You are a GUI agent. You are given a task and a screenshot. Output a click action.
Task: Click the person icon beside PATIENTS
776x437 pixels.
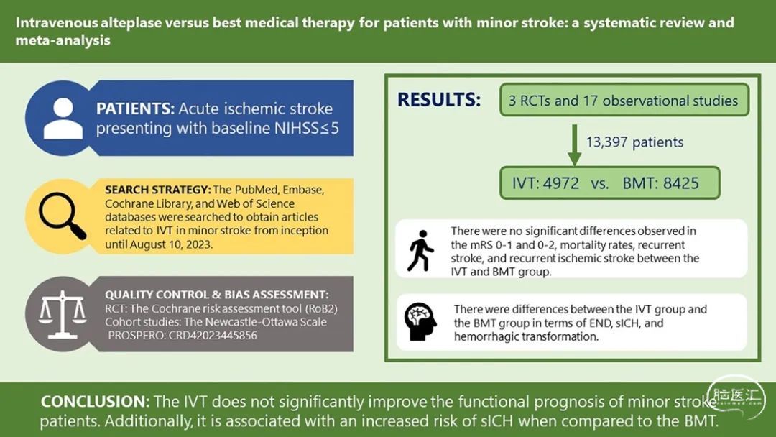click(63, 119)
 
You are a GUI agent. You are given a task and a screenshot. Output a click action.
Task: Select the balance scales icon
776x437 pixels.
click(63, 314)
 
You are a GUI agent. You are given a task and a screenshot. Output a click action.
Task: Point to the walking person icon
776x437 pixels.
click(420, 250)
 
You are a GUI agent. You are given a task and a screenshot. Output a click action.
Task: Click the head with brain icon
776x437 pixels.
click(420, 322)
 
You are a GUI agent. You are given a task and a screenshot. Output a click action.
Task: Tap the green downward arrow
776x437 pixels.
click(574, 145)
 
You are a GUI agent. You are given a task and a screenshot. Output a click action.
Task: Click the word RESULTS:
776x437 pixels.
click(439, 100)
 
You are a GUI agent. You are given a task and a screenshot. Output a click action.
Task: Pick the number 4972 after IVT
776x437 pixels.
click(560, 183)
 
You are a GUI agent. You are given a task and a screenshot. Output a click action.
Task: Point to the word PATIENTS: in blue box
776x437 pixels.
click(135, 109)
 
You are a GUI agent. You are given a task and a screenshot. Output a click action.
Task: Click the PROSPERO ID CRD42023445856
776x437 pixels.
click(213, 336)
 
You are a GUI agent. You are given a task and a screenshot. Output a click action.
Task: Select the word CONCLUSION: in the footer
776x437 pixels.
click(95, 401)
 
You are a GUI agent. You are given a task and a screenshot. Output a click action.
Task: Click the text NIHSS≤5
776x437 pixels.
click(307, 129)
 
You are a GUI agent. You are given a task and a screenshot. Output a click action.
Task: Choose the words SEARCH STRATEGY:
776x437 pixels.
click(158, 190)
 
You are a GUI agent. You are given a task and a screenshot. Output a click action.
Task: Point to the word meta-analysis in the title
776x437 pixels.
click(63, 40)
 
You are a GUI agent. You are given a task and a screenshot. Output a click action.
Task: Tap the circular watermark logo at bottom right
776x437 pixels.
click(736, 398)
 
